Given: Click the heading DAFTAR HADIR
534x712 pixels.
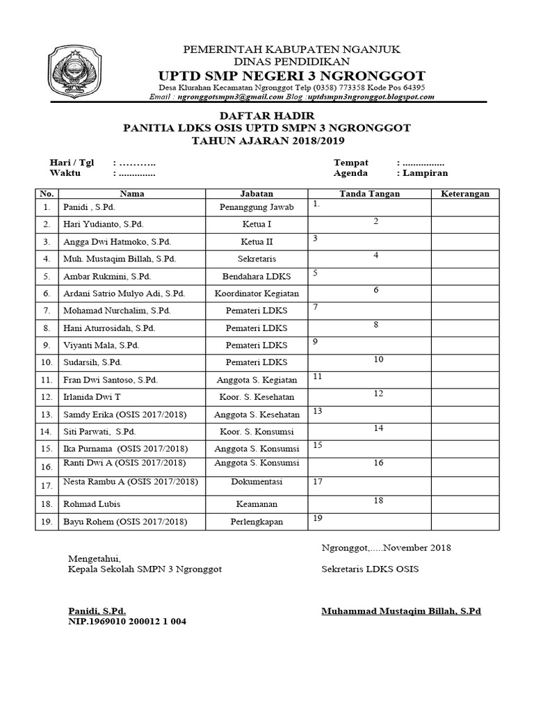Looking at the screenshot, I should pos(267,115).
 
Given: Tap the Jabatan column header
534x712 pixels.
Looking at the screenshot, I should pos(257,194).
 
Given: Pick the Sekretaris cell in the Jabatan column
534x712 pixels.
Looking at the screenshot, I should pos(257,259).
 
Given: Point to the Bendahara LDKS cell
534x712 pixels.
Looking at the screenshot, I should pos(257,276).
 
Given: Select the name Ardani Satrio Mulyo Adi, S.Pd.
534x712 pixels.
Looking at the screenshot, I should pos(124,293).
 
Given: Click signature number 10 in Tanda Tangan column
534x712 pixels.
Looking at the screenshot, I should pos(378,359).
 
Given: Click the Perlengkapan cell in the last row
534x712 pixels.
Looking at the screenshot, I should pos(257,521).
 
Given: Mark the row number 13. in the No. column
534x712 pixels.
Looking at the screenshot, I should pos(47,414).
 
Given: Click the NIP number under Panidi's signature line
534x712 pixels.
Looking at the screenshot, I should pos(127,622).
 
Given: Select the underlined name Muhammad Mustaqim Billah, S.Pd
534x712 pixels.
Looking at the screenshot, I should pos(401,611).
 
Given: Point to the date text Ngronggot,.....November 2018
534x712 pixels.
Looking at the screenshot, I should pos(386,547).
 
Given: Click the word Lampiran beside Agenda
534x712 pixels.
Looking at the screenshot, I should pos(424,173).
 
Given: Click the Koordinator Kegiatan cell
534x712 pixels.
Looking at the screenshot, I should pos(257,293).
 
